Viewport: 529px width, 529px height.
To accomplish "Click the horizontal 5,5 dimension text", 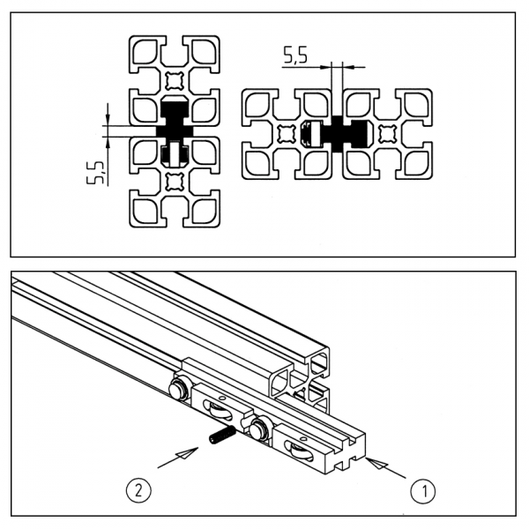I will (294, 57).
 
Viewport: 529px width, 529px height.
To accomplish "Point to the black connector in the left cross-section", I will (174, 130).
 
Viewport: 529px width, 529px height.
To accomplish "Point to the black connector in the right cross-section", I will (337, 134).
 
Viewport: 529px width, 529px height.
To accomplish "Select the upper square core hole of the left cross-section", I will (174, 81).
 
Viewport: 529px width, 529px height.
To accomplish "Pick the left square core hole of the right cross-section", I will (287, 134).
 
